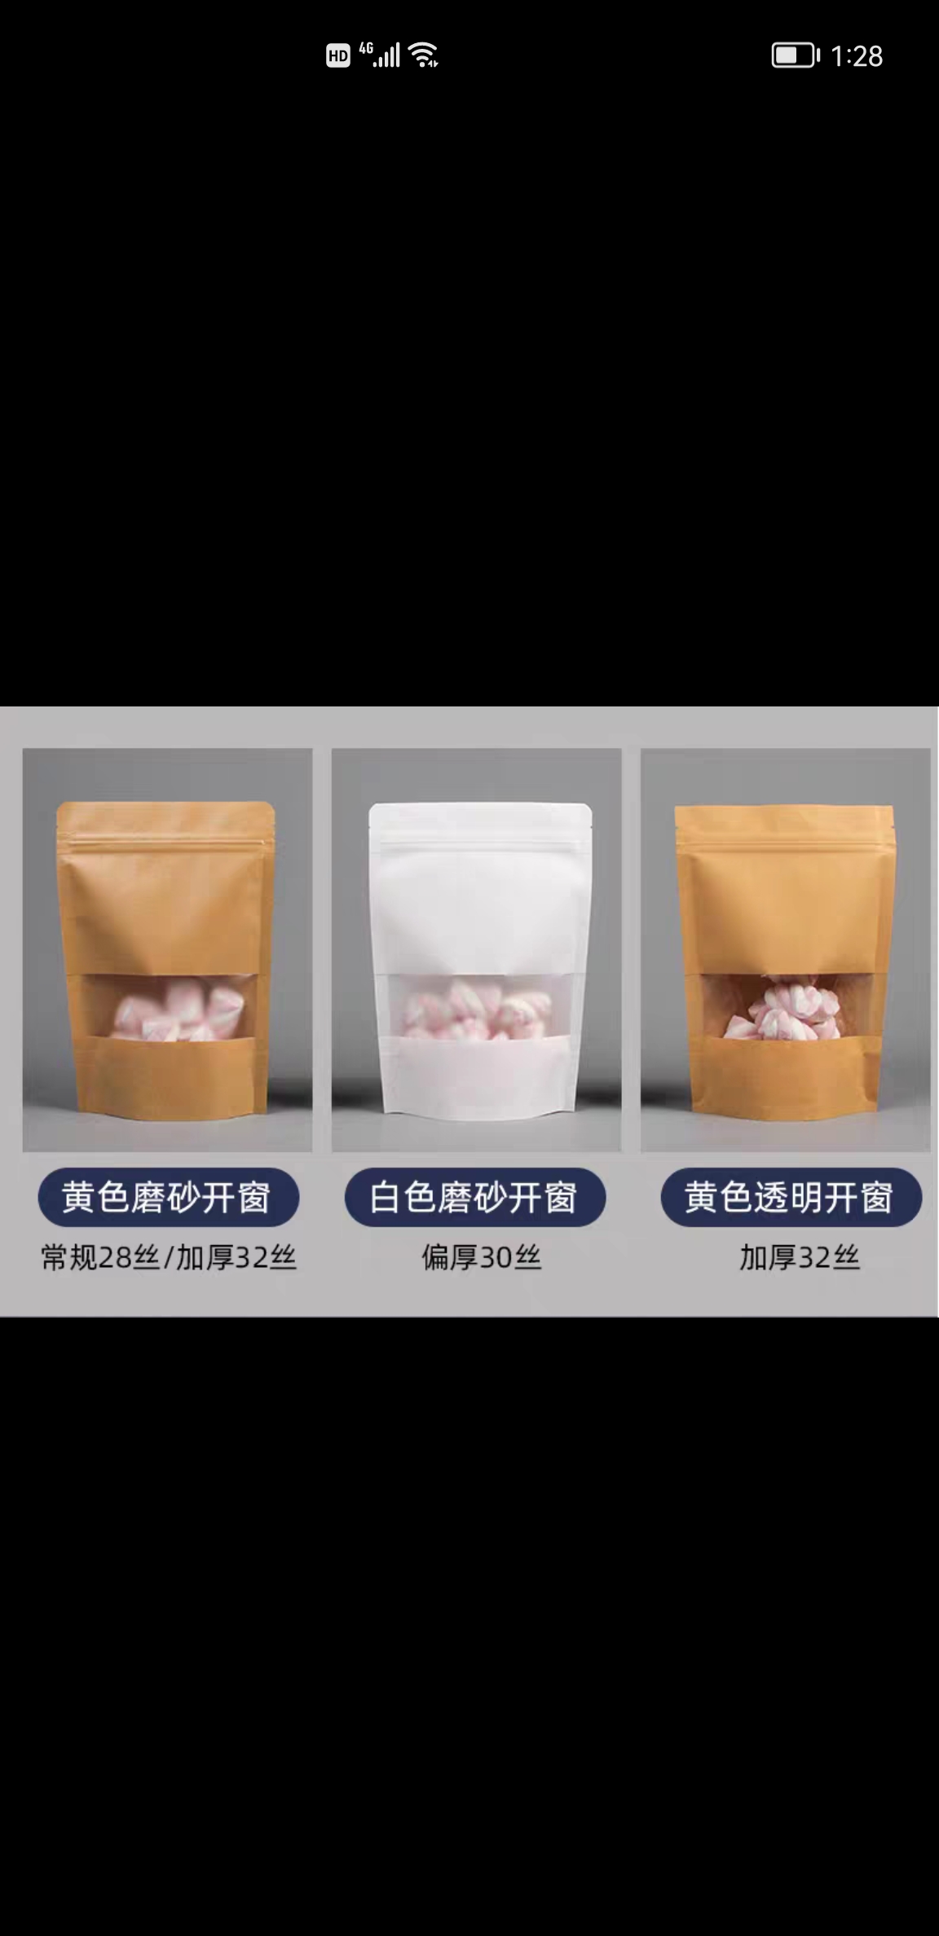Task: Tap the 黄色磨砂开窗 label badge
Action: [168, 1197]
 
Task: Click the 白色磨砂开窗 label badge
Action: [474, 1197]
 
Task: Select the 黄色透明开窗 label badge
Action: [790, 1197]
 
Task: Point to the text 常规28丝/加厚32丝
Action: [168, 1257]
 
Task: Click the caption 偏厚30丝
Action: [481, 1257]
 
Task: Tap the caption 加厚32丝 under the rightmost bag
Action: [799, 1257]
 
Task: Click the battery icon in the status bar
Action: [795, 55]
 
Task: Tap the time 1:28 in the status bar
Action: [857, 56]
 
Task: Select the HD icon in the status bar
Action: [337, 55]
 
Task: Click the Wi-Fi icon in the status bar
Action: [424, 55]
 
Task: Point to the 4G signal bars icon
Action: [381, 55]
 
